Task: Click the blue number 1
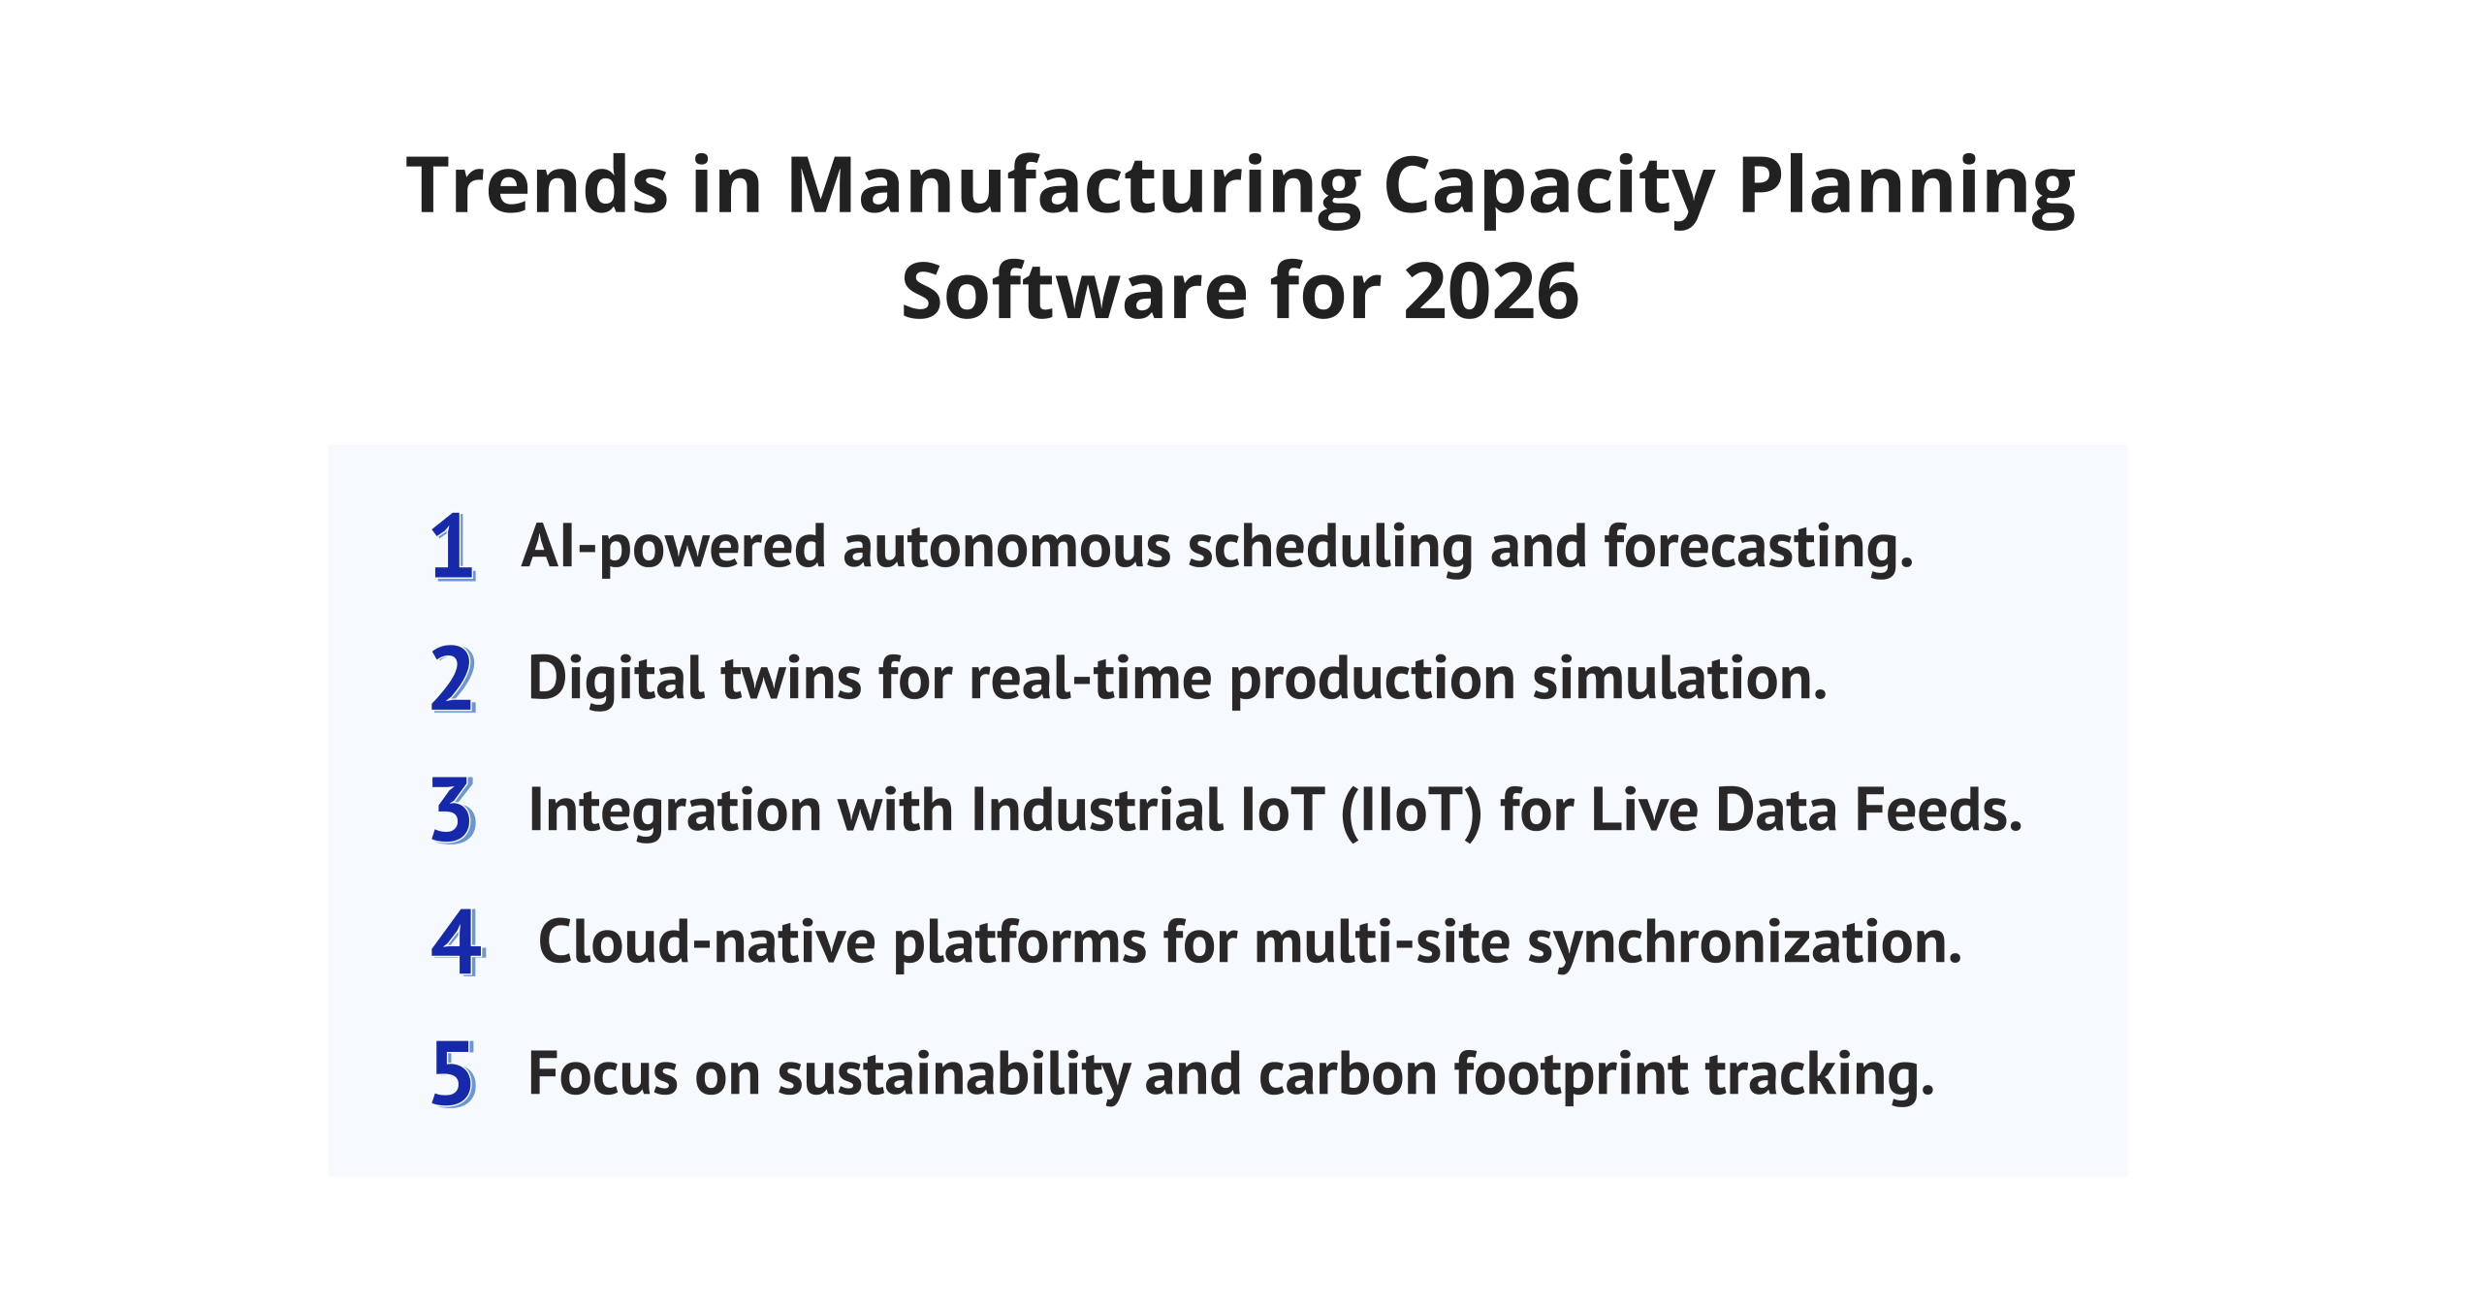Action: (x=453, y=547)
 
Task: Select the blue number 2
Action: (x=453, y=679)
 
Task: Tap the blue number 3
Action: (x=453, y=811)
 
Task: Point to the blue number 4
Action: (x=457, y=942)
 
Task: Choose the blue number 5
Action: (x=453, y=1074)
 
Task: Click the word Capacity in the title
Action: (x=1548, y=186)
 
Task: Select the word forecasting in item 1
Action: (x=1758, y=548)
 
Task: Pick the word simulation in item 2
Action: (x=1679, y=679)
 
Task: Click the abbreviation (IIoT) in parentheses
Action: (x=1411, y=811)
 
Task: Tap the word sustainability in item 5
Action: (x=953, y=1075)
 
